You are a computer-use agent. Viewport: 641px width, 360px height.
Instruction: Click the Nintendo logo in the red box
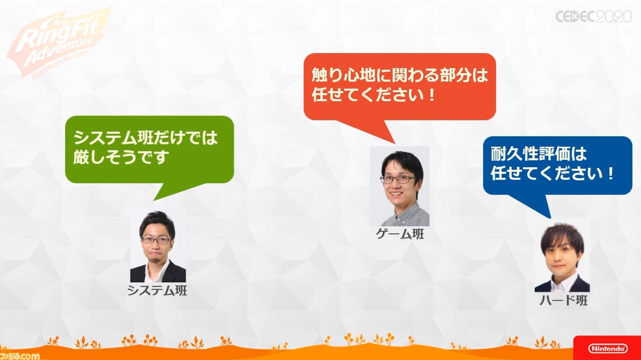(x=608, y=348)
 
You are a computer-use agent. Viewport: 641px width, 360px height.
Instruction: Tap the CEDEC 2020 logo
(x=593, y=17)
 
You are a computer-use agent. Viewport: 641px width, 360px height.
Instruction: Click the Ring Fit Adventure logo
(x=57, y=43)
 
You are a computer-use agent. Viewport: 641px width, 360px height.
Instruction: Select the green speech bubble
(x=149, y=155)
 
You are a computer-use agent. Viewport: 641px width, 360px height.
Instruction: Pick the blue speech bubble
(x=557, y=169)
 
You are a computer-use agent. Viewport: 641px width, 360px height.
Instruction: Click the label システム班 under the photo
(x=157, y=290)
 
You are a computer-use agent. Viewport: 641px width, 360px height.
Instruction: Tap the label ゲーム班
(x=400, y=234)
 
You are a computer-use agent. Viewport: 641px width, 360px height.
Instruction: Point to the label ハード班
(x=563, y=300)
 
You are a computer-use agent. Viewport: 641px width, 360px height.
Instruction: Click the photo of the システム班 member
(x=158, y=245)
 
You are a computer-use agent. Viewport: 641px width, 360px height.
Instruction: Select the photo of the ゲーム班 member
(x=400, y=186)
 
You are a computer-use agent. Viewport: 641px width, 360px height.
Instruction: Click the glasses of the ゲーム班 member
(x=397, y=179)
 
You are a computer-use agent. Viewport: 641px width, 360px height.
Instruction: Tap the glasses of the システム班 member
(x=156, y=240)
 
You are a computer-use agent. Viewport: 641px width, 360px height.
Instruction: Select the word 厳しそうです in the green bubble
(x=121, y=157)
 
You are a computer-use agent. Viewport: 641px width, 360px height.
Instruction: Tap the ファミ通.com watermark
(x=20, y=356)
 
